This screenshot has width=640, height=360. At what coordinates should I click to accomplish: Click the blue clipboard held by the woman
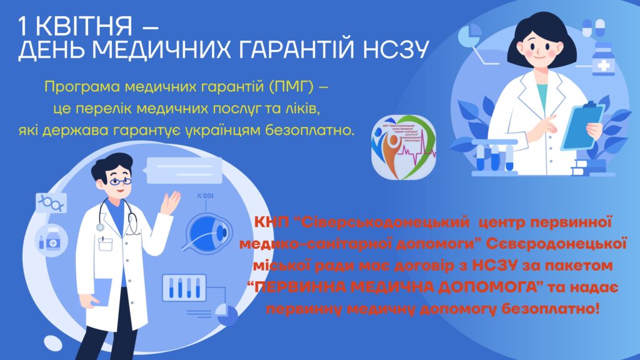[x=582, y=124]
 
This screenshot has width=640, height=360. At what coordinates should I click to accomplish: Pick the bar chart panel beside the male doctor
[x=188, y=287]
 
